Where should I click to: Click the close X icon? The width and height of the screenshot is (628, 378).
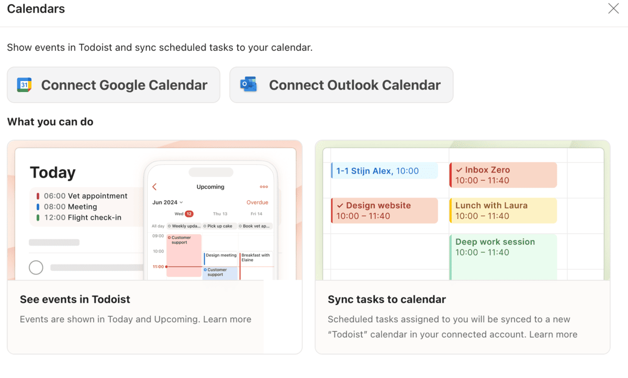coord(613,8)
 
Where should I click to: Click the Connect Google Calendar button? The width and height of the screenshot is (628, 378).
coord(114,85)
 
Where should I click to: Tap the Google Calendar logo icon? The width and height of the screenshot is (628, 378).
coord(24,85)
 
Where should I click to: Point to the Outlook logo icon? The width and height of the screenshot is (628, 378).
coord(248,85)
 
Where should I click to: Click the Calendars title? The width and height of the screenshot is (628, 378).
coord(36,9)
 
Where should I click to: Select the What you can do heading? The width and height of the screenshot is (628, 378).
coord(50,122)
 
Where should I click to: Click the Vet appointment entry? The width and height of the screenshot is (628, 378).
coord(85,196)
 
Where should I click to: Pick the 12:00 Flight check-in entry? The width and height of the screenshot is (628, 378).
coord(82,217)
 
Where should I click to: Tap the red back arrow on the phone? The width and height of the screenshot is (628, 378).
coord(154,187)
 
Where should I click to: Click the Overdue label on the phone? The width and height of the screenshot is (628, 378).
coord(257,202)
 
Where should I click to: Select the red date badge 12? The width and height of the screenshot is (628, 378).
coord(189,214)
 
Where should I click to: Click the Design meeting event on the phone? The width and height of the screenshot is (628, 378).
coord(221,256)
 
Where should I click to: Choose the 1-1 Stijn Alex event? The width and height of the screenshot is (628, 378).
coord(384,170)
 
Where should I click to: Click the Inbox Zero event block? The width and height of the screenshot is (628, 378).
coord(503,175)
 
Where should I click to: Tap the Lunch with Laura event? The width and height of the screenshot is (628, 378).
coord(503,210)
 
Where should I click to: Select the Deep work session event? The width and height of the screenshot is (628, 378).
coord(503,256)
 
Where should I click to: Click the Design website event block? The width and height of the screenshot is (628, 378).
coord(384,210)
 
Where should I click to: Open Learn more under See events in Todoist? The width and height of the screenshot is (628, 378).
coord(227,319)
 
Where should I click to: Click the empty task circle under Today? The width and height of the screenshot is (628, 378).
coord(36,268)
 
